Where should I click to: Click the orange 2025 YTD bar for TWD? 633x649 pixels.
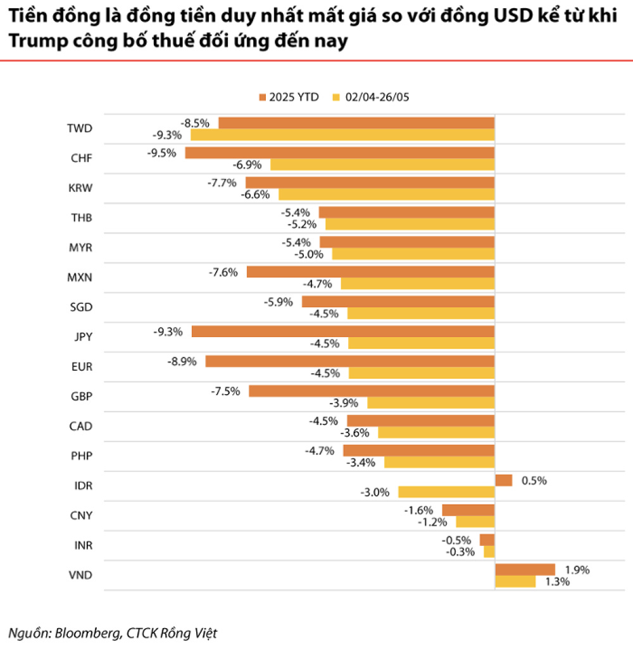pyautogui.click(x=356, y=123)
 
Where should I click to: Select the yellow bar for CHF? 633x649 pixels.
pyautogui.click(x=382, y=164)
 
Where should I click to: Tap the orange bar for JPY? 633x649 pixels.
pyautogui.click(x=342, y=331)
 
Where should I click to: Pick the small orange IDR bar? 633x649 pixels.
pyautogui.click(x=503, y=480)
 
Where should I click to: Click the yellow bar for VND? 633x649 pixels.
pyautogui.click(x=515, y=581)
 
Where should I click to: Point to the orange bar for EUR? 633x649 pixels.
pyautogui.click(x=349, y=361)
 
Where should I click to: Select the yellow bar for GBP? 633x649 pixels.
pyautogui.click(x=430, y=402)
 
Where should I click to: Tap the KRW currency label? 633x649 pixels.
pyautogui.click(x=80, y=188)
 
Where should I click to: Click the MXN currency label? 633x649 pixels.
pyautogui.click(x=80, y=277)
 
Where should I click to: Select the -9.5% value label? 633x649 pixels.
pyautogui.click(x=161, y=152)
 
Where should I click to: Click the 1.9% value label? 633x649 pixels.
pyautogui.click(x=576, y=569)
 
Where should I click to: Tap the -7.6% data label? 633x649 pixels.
pyautogui.click(x=223, y=272)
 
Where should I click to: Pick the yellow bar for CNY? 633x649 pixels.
pyautogui.click(x=475, y=522)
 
